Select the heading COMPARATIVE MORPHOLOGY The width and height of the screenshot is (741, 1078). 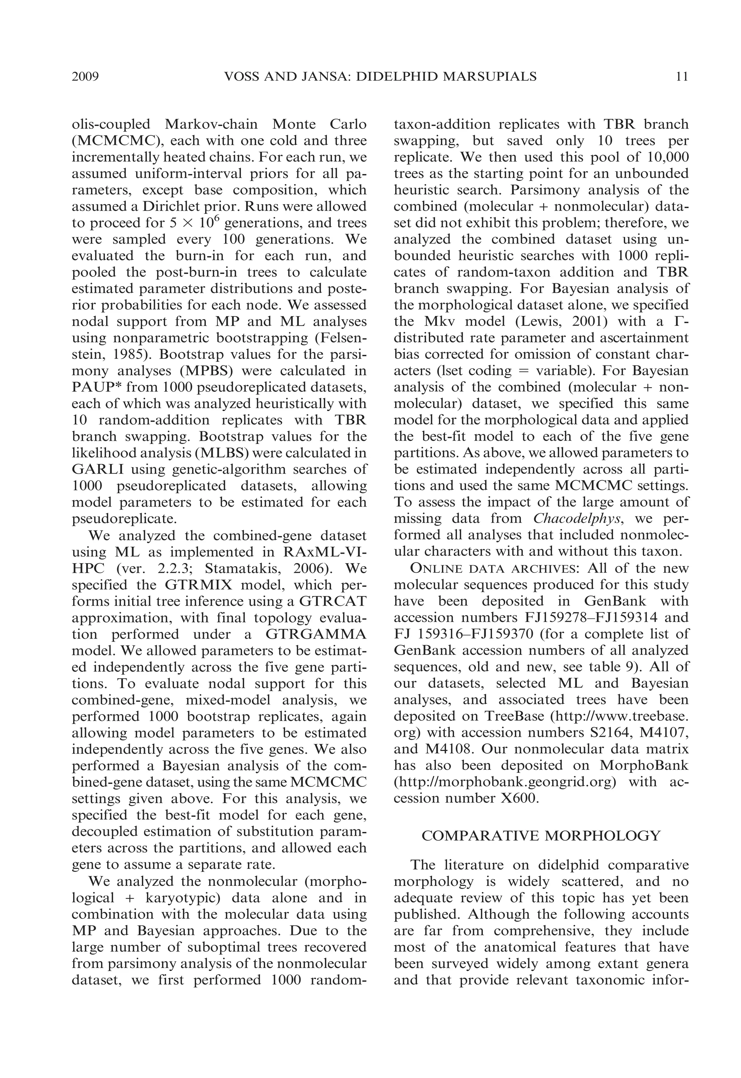[x=541, y=836]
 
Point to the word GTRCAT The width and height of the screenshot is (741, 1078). [x=333, y=601]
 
